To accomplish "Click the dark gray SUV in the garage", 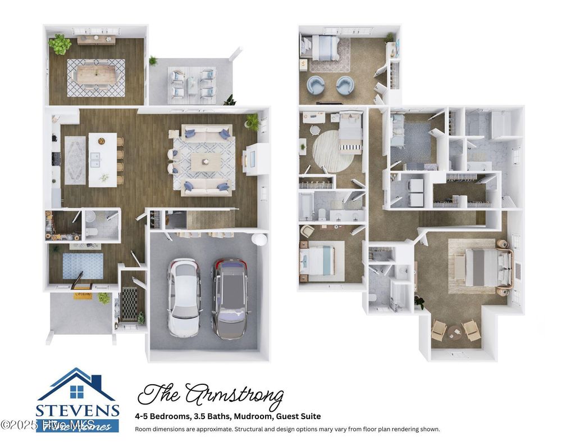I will [x=230, y=298].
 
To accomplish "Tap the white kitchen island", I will [x=103, y=159].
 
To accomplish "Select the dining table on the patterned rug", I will [x=96, y=77].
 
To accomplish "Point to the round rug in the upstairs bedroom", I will [x=333, y=150].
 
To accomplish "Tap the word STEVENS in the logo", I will [x=77, y=410].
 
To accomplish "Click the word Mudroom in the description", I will [x=247, y=416].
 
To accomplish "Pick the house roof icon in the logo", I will [x=76, y=383].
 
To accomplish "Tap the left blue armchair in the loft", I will [x=316, y=86].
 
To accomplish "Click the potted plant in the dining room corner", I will [x=60, y=43].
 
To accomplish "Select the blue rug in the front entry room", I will [x=83, y=266].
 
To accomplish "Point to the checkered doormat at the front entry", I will [x=129, y=304].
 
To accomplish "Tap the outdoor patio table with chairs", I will [x=191, y=83].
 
